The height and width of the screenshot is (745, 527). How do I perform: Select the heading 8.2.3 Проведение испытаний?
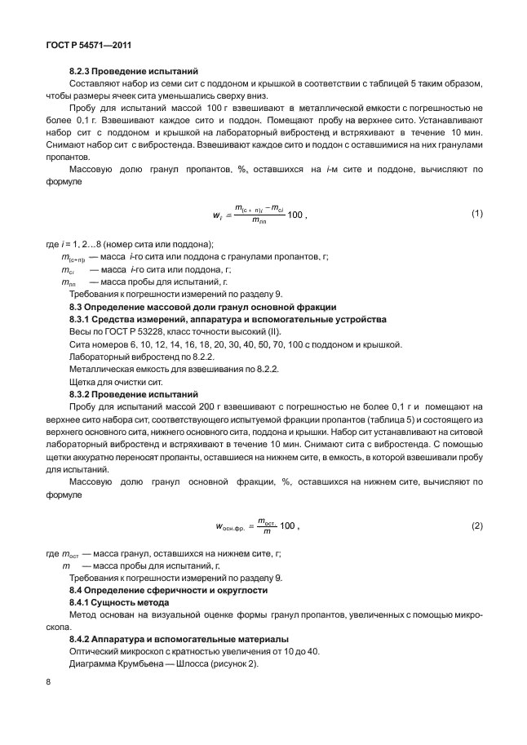pos(133,71)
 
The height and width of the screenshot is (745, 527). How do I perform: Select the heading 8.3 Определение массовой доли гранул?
pos(202,306)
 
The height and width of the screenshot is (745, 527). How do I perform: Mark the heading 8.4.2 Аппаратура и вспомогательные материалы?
pos(177,639)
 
